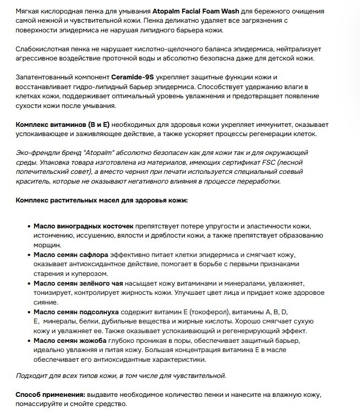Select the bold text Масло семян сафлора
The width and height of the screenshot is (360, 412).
pyautogui.click(x=71, y=254)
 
